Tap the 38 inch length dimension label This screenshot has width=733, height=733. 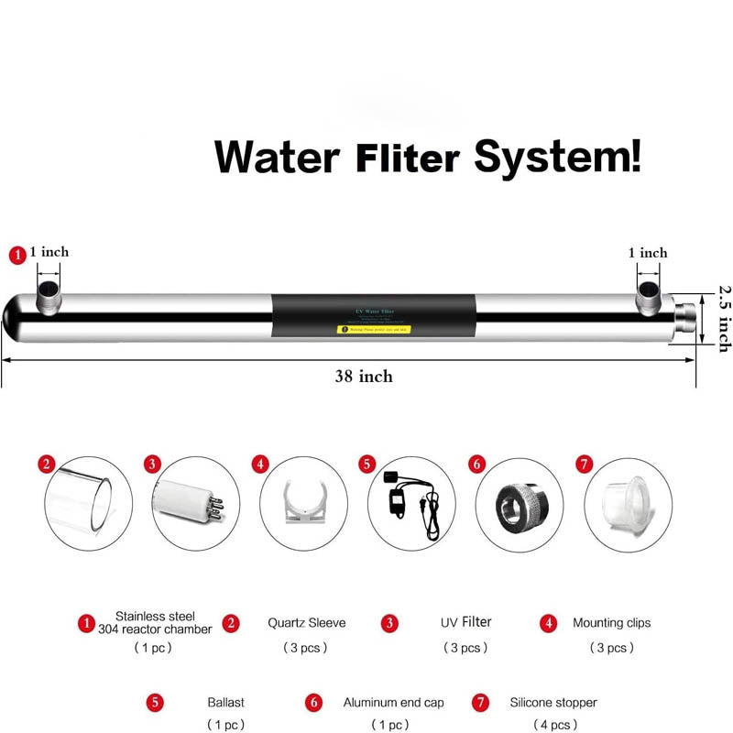(363, 376)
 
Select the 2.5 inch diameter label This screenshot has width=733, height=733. (722, 317)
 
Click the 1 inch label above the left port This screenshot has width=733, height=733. (49, 252)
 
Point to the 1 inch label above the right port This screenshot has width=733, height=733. (647, 253)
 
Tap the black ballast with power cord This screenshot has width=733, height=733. (409, 502)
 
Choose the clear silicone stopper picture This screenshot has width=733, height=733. (624, 502)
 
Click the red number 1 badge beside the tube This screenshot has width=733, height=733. (16, 256)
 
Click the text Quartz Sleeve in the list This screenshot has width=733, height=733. (306, 623)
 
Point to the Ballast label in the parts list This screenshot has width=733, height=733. (225, 703)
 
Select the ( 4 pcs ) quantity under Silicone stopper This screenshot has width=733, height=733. (553, 725)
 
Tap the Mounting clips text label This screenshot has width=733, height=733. (611, 623)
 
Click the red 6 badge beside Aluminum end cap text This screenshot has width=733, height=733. (314, 703)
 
